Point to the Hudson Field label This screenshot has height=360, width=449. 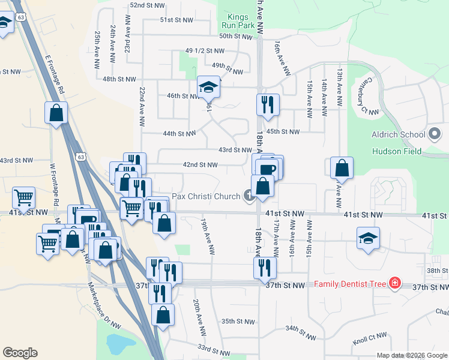pyautogui.click(x=396, y=151)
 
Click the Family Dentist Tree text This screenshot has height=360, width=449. pyautogui.click(x=350, y=283)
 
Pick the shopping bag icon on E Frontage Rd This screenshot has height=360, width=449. pyautogui.click(x=56, y=112)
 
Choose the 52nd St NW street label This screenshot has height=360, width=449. pyautogui.click(x=148, y=5)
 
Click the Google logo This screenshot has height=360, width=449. pyautogui.click(x=20, y=353)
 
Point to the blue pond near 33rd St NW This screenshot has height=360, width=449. pyautogui.click(x=120, y=344)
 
